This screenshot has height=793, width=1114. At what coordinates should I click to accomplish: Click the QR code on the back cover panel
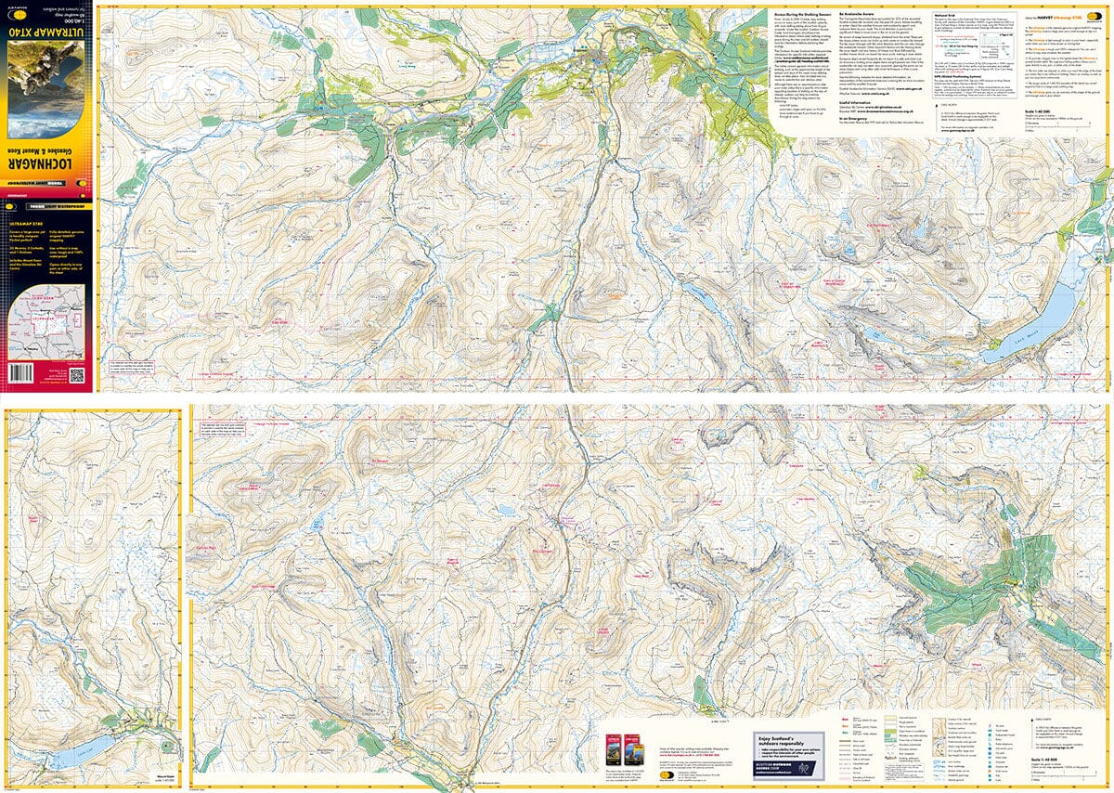[x=76, y=375]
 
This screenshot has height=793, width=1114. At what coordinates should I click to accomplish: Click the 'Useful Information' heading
[x=855, y=103]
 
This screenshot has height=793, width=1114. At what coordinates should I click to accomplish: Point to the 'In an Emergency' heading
[x=853, y=117]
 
